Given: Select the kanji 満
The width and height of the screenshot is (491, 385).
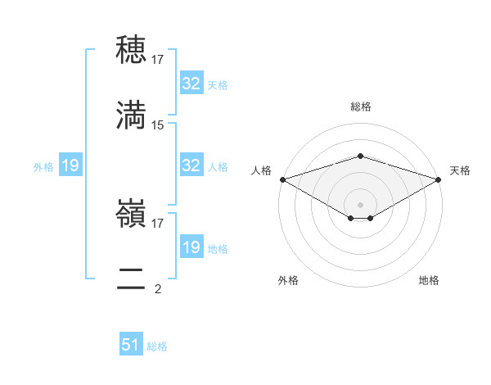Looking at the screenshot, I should coord(132,115).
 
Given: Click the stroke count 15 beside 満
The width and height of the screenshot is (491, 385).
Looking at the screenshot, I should coord(158,125).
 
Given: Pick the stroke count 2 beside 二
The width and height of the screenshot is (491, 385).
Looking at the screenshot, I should coord(158,288).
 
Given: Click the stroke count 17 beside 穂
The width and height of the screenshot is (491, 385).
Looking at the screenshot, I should coord(158,59).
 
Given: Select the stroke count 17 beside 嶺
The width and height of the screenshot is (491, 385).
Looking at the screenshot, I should coord(158,223).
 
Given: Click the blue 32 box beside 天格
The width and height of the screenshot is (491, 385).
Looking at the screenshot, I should coord(191,84).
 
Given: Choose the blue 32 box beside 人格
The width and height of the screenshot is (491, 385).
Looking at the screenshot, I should coord(191,165).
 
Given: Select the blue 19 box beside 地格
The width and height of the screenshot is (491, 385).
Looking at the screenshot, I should coord(191,247).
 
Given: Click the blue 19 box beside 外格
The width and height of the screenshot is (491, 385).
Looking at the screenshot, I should coord(70,166).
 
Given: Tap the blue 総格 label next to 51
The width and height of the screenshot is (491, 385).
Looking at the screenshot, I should coord(157,346).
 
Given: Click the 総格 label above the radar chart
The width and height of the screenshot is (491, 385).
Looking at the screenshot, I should coord(360,106).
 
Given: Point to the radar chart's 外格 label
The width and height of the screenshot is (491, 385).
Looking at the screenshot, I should coord(288,280).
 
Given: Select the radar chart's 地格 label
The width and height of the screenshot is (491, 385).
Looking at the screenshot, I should coord(429,280).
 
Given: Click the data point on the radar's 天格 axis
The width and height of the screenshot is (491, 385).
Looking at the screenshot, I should coord(439,179).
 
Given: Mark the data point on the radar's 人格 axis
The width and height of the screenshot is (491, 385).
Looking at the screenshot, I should coord(282,179).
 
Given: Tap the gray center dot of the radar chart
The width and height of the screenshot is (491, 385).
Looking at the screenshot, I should coord(360,204).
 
